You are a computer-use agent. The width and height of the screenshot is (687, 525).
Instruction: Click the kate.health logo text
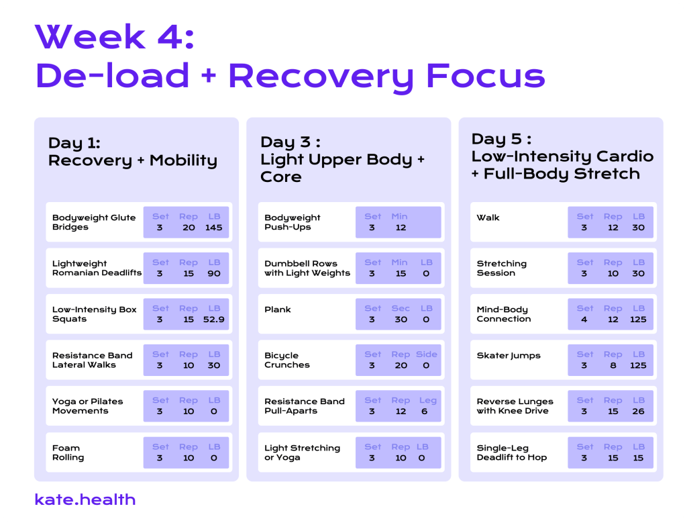85,499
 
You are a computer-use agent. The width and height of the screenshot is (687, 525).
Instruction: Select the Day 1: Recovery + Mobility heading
133,152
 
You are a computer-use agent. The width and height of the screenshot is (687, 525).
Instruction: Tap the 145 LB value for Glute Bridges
214,228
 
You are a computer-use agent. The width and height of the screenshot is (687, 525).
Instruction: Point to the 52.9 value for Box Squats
214,320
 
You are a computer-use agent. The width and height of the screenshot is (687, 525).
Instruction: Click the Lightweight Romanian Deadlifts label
97,268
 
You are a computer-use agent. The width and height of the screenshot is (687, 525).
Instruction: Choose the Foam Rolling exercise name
68,452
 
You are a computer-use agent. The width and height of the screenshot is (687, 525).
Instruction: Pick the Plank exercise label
277,309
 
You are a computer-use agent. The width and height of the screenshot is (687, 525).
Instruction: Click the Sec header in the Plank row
401,308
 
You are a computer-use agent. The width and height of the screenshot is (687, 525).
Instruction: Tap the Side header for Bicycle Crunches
426,354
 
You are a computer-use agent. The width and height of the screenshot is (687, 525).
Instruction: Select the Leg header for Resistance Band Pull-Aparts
427,400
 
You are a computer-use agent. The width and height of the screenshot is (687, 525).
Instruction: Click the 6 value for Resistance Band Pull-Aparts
424,412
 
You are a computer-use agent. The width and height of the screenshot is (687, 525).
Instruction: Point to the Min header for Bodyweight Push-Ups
399,216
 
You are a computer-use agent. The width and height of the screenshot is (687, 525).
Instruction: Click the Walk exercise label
488,218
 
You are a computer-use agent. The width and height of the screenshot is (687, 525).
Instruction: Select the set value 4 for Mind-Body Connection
584,320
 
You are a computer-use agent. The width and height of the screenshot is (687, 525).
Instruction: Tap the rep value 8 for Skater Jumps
613,366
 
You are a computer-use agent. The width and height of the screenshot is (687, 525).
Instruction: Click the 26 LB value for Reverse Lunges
638,412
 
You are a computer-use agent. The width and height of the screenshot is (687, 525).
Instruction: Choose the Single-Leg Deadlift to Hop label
512,452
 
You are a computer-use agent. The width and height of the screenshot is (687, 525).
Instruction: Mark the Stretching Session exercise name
502,268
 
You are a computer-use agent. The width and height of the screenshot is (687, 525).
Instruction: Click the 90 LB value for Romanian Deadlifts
214,274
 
